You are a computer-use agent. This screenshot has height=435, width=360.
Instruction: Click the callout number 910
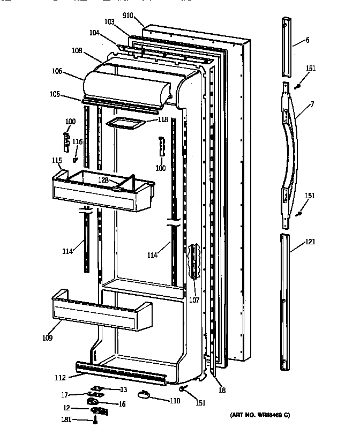pyautogui.click(x=127, y=16)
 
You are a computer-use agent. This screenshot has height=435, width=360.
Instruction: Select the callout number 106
pyautogui.click(x=72, y=71)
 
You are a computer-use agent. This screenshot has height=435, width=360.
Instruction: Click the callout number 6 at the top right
pyautogui.click(x=307, y=40)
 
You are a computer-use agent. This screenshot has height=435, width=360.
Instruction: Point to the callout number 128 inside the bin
pyautogui.click(x=104, y=181)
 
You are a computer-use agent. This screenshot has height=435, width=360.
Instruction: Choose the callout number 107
pyautogui.click(x=193, y=300)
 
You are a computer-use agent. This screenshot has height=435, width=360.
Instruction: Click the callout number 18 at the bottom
pyautogui.click(x=222, y=391)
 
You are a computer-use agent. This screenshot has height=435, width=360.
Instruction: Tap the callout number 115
pyautogui.click(x=57, y=160)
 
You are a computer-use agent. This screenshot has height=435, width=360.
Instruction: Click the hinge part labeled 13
pyautogui.click(x=96, y=388)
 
